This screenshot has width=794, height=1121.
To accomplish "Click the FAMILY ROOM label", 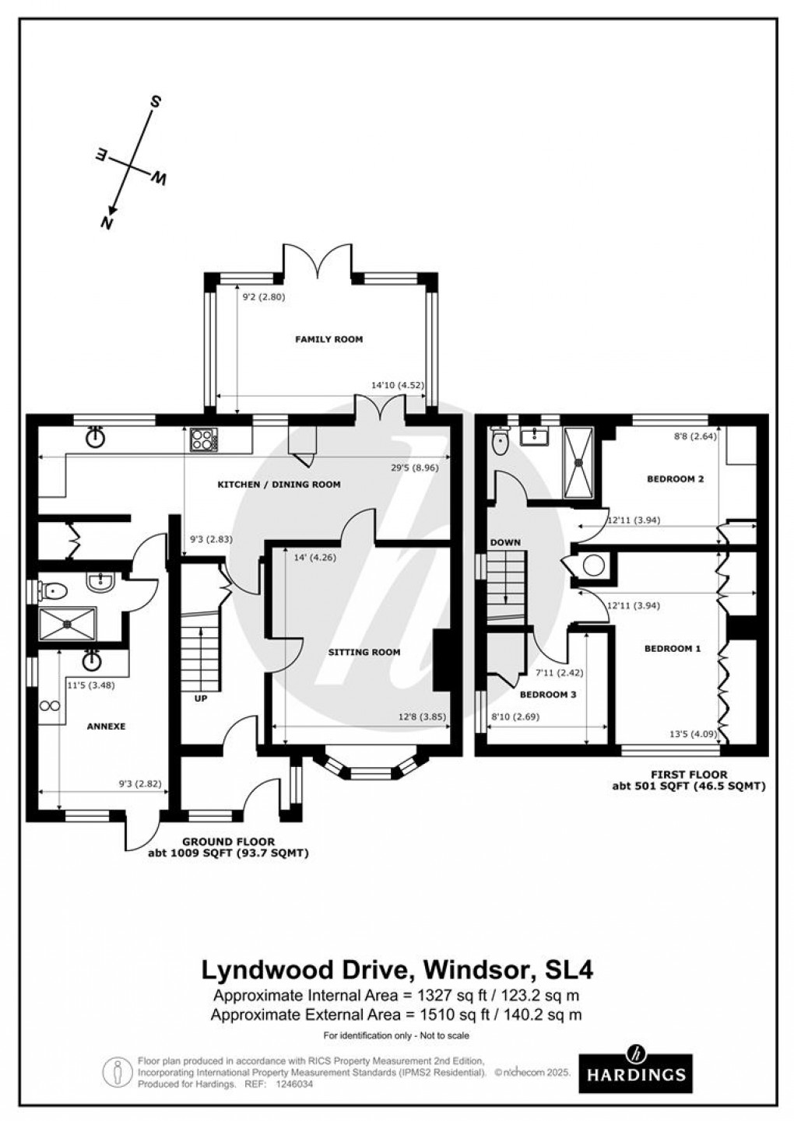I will (x=328, y=339).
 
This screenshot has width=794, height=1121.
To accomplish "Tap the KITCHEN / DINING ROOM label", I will (x=279, y=485).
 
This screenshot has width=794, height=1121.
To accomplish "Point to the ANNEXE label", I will (x=107, y=727).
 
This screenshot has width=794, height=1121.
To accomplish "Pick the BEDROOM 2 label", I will (x=675, y=479).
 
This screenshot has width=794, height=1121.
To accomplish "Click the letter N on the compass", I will (x=107, y=222).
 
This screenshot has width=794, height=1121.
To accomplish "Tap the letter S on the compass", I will (x=156, y=102).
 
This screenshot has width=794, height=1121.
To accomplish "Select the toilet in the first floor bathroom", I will (x=501, y=442).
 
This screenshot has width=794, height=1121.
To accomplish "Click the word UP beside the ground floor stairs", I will (x=200, y=699).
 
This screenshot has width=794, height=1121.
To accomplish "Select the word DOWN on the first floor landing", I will (x=505, y=542).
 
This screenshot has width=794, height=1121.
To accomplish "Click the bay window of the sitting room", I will (x=373, y=769).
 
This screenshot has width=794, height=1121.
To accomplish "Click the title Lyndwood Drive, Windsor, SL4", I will (x=397, y=970).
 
